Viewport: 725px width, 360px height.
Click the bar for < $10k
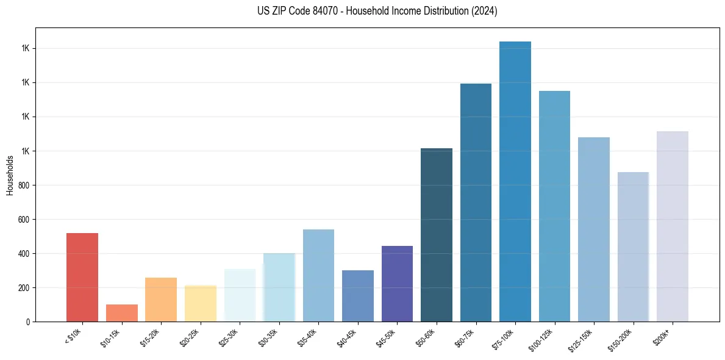pyautogui.click(x=82, y=277)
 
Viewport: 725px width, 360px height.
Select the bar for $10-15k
pyautogui.click(x=121, y=312)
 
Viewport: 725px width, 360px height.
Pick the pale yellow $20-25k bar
pyautogui.click(x=200, y=303)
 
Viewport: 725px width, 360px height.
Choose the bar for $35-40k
pyautogui.click(x=318, y=275)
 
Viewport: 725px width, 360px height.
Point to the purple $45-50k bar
pyautogui.click(x=397, y=283)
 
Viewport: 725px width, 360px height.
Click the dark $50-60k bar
pyautogui.click(x=437, y=234)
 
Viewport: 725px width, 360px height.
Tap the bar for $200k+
pyautogui.click(x=673, y=226)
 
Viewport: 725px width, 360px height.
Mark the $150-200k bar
pyautogui.click(x=633, y=247)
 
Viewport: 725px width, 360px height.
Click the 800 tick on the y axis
pyautogui.click(x=24, y=185)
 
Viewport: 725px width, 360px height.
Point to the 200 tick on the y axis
pyautogui.click(x=24, y=287)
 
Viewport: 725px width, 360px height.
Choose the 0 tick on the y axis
pyautogui.click(x=27, y=322)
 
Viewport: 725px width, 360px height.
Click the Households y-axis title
pyautogui.click(x=10, y=175)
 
